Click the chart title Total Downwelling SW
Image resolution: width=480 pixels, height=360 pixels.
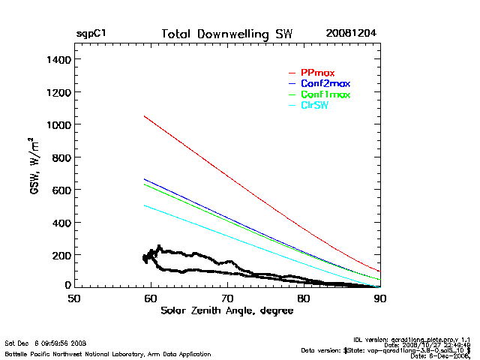click(x=227, y=34)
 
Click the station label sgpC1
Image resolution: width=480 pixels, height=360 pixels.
click(x=91, y=34)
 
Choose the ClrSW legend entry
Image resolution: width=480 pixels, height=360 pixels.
click(x=314, y=106)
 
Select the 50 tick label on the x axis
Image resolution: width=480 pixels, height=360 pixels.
click(x=74, y=298)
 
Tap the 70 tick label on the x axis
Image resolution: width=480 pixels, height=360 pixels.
click(x=227, y=298)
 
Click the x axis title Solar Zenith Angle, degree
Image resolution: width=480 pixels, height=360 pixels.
click(x=226, y=311)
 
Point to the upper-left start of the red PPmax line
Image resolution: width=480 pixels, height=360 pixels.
click(x=144, y=116)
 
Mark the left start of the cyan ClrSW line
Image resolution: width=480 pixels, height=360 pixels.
click(x=144, y=205)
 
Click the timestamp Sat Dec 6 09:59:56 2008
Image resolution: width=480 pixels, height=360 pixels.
click(x=46, y=343)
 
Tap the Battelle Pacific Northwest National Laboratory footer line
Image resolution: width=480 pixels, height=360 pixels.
click(x=108, y=353)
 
